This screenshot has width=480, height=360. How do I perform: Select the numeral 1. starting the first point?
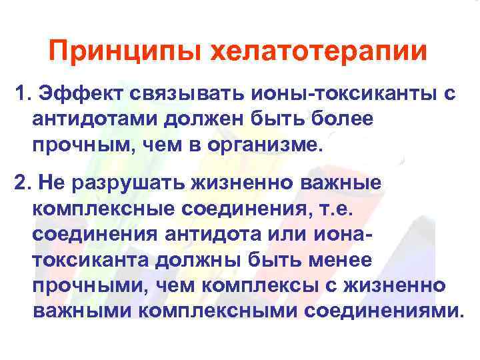click(25, 93)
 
